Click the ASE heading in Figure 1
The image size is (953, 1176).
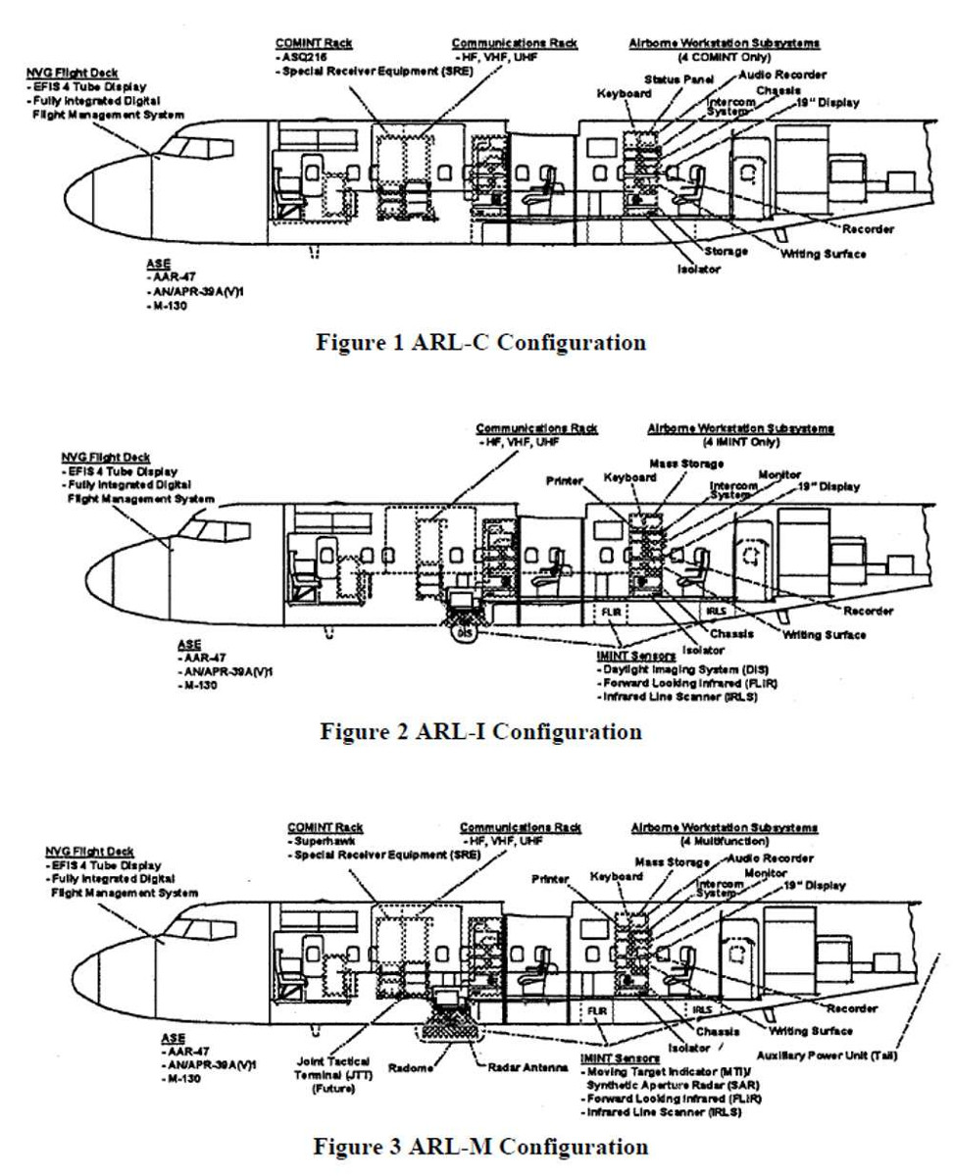click(x=157, y=264)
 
